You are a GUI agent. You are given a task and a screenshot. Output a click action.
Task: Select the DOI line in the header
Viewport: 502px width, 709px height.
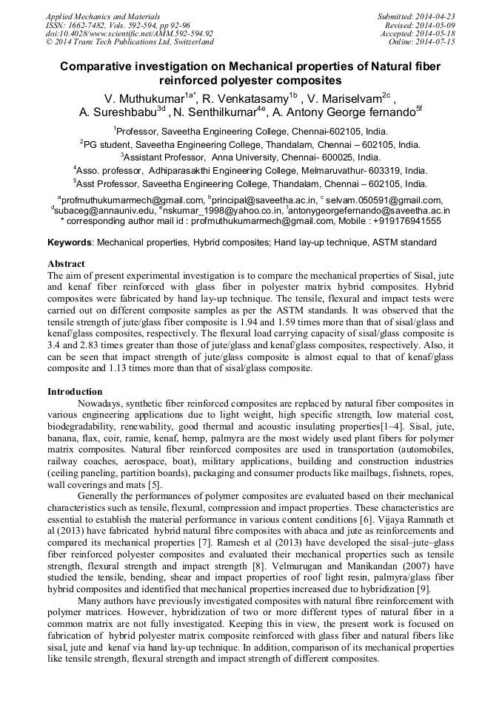point(130,33)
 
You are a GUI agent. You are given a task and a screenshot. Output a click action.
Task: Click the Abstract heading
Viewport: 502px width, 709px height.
point(66,264)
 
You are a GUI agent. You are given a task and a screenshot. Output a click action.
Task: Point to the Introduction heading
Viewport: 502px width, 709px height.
point(75,392)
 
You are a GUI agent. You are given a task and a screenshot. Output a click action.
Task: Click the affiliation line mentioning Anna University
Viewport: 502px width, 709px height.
point(251,157)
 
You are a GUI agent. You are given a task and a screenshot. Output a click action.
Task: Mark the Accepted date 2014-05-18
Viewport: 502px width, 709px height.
point(435,33)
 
